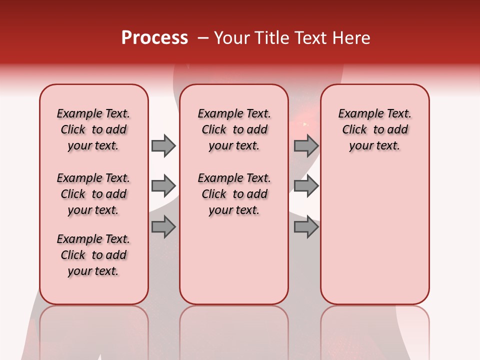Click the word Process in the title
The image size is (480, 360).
(x=154, y=38)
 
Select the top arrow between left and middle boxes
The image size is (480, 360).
(x=163, y=145)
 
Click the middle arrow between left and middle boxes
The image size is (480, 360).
(x=163, y=186)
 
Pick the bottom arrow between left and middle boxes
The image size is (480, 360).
(x=163, y=227)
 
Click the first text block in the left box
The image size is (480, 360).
(x=93, y=129)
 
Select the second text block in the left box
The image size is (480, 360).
(x=93, y=194)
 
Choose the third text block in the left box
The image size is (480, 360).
(x=93, y=255)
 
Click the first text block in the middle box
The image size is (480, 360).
(x=234, y=129)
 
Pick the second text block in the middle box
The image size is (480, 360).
(x=234, y=194)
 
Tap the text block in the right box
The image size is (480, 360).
(x=374, y=129)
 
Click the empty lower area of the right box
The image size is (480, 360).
(x=374, y=235)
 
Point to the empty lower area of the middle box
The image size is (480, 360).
(x=234, y=260)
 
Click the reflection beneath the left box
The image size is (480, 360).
(x=93, y=330)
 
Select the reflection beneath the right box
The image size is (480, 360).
(x=374, y=330)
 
